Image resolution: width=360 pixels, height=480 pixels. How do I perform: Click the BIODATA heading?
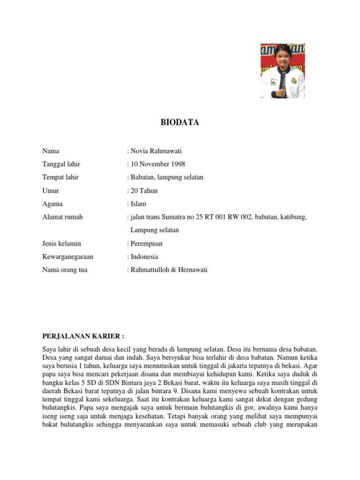[180, 122]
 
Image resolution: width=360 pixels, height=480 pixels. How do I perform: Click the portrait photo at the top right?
[283, 71]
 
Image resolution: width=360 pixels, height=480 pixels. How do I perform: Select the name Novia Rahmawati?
[157, 151]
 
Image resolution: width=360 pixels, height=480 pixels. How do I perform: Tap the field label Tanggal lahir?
[61, 164]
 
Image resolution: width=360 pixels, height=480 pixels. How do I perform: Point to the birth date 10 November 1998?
[157, 164]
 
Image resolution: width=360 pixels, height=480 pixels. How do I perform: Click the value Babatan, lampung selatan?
[166, 177]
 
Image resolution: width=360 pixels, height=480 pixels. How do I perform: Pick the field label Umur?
[51, 191]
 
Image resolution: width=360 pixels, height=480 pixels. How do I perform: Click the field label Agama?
[52, 204]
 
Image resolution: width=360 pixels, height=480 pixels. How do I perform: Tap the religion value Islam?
[138, 204]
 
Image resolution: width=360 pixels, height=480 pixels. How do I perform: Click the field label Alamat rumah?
[62, 217]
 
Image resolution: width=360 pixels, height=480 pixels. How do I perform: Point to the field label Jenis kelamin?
[61, 244]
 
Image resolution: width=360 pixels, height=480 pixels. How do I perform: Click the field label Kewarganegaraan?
[67, 257]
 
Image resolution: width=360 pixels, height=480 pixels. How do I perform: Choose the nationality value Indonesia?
[144, 257]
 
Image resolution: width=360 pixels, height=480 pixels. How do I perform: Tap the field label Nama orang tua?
[65, 270]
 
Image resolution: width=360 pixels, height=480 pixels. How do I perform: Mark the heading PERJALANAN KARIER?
[83, 337]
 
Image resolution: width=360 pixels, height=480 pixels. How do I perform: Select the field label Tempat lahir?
[60, 177]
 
